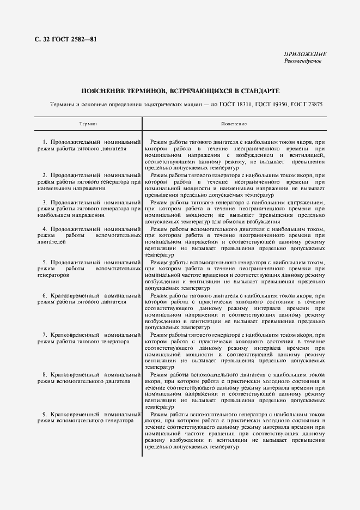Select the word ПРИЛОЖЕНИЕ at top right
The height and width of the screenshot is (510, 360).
[x=305, y=54]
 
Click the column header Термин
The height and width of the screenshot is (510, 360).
[x=88, y=124]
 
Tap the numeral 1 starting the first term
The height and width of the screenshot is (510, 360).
[x=45, y=142]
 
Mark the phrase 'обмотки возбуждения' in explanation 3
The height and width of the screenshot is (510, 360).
[x=240, y=222]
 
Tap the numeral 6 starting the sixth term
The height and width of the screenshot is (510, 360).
[x=45, y=295]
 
